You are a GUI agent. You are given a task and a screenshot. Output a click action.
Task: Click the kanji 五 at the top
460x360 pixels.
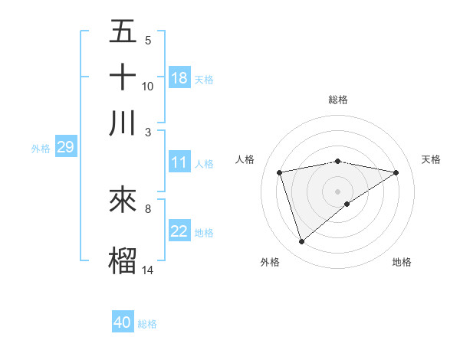123,31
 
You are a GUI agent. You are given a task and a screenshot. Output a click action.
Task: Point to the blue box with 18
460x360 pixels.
179,78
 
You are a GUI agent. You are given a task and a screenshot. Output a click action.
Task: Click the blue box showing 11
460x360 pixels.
179,162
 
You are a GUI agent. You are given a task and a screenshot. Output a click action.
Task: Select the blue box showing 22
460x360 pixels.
179,232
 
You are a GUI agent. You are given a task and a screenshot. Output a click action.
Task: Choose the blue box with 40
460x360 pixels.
123,322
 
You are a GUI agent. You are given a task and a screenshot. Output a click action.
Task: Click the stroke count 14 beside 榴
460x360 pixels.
148,270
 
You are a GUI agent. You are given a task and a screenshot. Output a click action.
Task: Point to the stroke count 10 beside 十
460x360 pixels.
148,86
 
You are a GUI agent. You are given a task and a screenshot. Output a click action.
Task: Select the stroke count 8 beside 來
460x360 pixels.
148,208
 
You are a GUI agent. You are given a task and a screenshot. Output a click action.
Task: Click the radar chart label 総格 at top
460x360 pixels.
338,100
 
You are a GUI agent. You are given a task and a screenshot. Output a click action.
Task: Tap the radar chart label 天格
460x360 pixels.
432,159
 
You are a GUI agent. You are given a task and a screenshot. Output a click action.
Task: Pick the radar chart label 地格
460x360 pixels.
402,262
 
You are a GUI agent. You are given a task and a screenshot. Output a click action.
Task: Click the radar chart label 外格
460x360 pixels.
270,262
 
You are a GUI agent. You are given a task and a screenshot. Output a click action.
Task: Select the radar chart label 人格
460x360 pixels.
245,159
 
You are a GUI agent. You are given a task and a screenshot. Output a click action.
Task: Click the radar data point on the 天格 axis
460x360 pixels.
396,172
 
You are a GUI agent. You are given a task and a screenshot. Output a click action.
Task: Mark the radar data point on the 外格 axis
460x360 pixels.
301,242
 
